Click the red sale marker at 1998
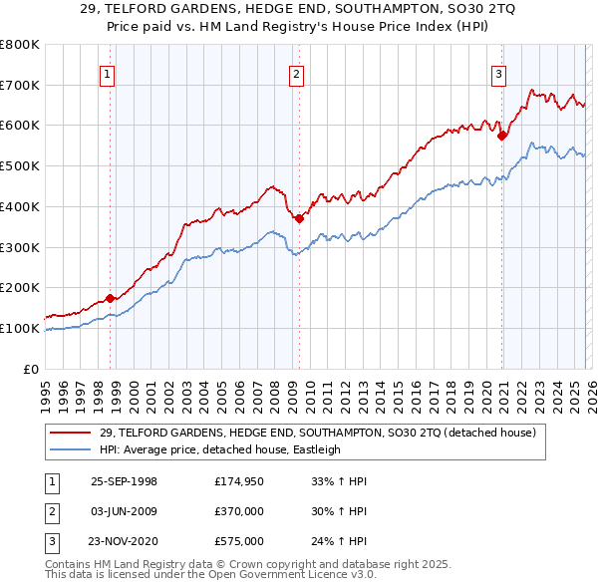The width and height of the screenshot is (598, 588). coord(110,297)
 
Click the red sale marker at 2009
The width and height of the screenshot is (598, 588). coord(299,218)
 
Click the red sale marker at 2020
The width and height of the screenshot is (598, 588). coord(502,136)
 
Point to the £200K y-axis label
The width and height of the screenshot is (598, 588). coord(20,287)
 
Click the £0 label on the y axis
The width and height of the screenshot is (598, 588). coord(31,369)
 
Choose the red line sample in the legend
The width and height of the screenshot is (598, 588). coord(72,433)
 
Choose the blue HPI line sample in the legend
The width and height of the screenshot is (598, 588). coord(72,449)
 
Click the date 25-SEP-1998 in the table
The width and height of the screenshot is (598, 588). coord(124,481)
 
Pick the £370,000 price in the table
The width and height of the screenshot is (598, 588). coord(238,511)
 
